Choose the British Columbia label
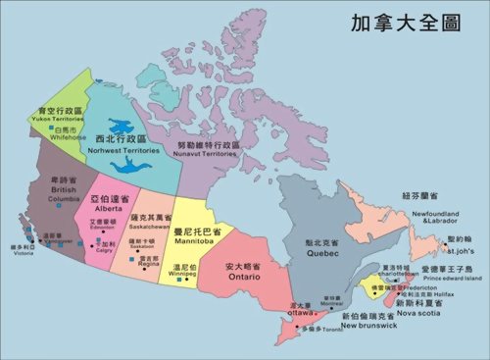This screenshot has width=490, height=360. pos(60,198)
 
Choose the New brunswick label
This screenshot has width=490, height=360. pos(368,325)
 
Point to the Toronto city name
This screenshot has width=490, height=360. pos(329,330)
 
